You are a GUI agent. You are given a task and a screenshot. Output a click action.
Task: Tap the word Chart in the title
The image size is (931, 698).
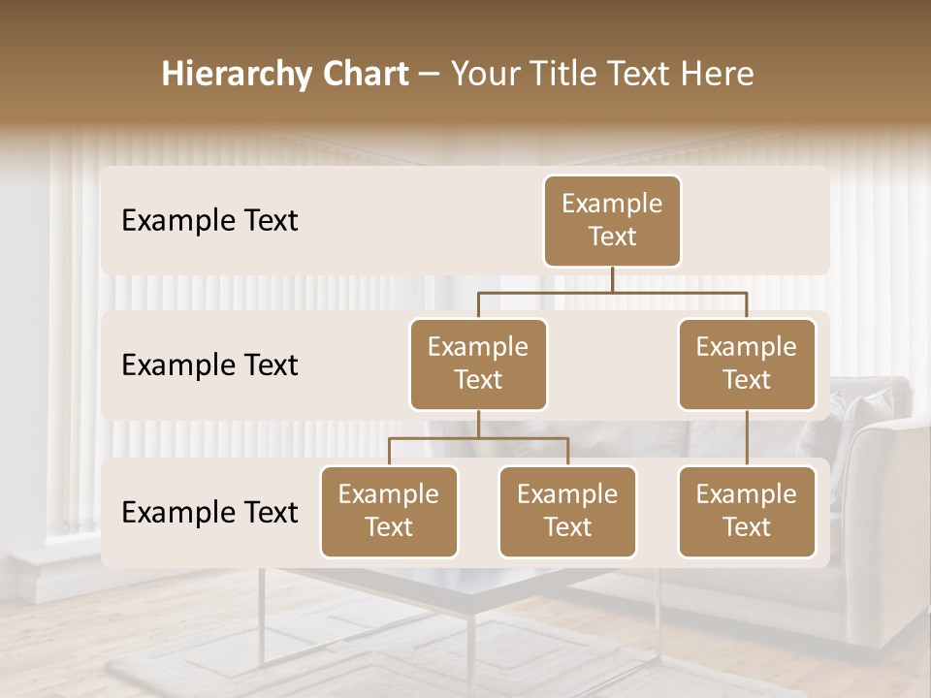click(x=361, y=75)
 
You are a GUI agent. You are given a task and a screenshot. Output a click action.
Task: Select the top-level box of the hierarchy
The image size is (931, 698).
click(x=612, y=220)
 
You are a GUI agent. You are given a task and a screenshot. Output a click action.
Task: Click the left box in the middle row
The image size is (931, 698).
click(x=478, y=364)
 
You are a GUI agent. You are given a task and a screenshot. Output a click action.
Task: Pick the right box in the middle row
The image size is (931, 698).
click(x=747, y=364)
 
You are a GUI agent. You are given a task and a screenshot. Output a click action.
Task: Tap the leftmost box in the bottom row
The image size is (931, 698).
click(x=389, y=511)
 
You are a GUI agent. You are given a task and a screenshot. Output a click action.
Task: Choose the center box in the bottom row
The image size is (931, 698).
click(x=567, y=511)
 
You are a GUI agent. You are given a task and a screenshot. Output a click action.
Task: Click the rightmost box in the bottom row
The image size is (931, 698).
click(x=747, y=511)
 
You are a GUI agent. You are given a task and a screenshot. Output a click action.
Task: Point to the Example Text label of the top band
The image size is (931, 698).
click(x=209, y=221)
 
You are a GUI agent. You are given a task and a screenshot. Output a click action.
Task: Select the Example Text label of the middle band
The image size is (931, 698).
click(x=209, y=365)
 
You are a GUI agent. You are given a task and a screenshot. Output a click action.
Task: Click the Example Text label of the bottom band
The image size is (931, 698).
click(x=209, y=513)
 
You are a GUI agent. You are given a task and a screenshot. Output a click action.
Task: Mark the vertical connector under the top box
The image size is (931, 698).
click(x=612, y=279)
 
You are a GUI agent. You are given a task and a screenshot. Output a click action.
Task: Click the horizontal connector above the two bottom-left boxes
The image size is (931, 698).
click(x=478, y=438)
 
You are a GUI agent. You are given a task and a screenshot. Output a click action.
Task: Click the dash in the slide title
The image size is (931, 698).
click(x=429, y=76)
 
